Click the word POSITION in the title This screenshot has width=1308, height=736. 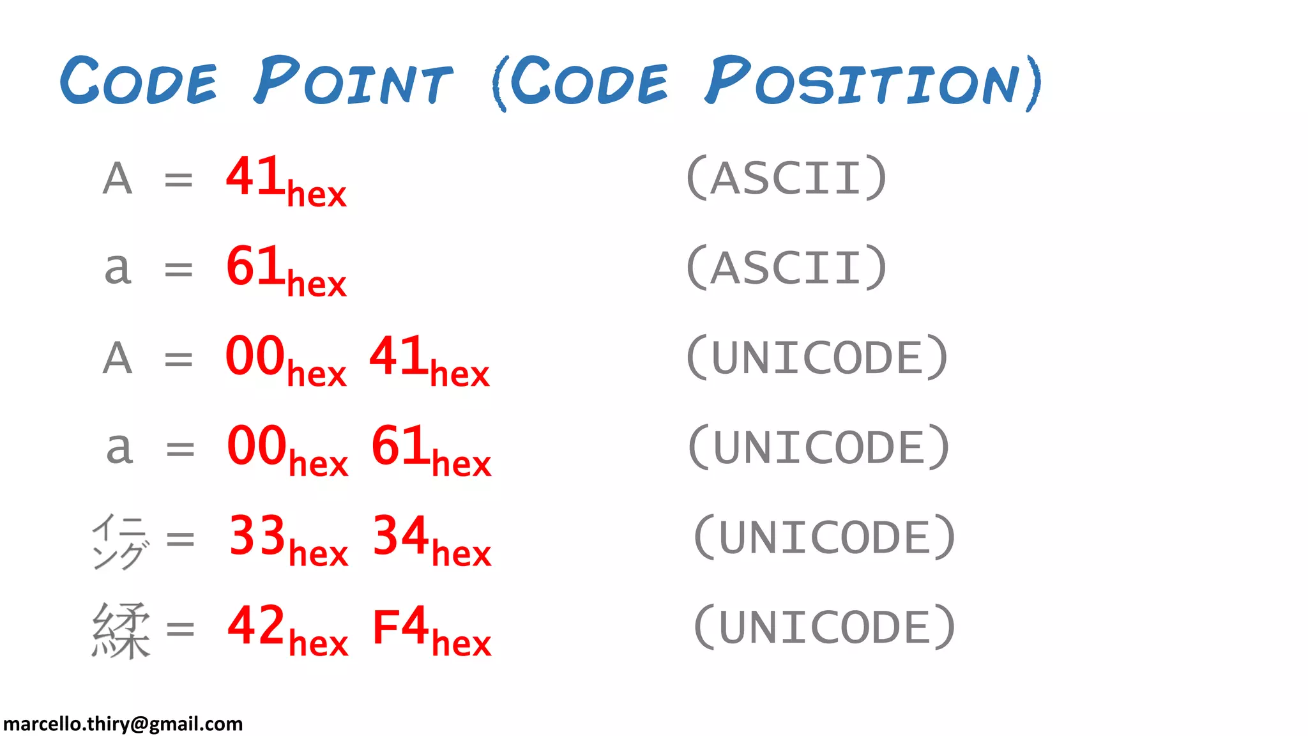click(872, 81)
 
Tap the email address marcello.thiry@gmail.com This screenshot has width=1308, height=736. click(123, 724)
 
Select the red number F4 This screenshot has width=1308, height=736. click(400, 627)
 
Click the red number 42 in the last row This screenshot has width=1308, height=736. click(255, 625)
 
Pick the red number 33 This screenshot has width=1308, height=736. click(257, 535)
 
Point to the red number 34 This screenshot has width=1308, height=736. click(400, 535)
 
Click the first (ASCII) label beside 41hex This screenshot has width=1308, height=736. click(786, 178)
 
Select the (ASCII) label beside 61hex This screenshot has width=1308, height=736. click(786, 268)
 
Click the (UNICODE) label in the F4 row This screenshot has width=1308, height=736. click(824, 627)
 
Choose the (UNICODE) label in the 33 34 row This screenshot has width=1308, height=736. click(824, 537)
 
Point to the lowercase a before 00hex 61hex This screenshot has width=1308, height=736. click(119, 448)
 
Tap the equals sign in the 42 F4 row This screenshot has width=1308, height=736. click(180, 629)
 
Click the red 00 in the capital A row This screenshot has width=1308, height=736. click(255, 356)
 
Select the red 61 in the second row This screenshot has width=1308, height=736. click(255, 266)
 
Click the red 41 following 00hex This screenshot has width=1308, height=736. click(398, 356)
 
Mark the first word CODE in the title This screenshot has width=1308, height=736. click(139, 81)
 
